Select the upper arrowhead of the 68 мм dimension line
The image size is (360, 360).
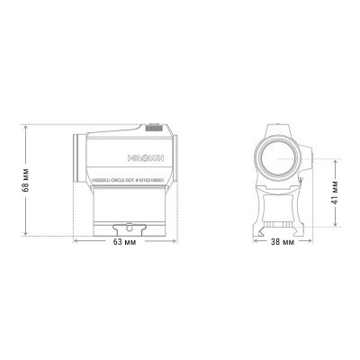tap(28, 128)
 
